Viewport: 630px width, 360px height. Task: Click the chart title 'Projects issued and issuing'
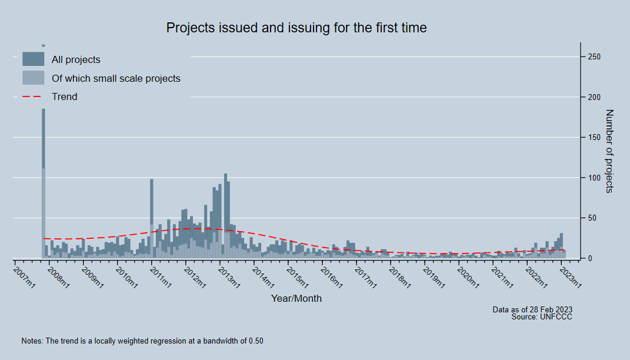[x=296, y=28]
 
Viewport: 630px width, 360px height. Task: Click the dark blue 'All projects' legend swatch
[x=33, y=59]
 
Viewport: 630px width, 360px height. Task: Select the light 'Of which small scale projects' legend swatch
[x=33, y=78]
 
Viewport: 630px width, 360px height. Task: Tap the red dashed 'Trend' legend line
[x=33, y=96]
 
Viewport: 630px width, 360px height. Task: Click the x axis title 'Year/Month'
[x=296, y=298]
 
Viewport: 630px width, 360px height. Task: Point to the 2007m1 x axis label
[x=25, y=277]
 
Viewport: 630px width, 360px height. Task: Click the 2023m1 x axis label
[x=571, y=277]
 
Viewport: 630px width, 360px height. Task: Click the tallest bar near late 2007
[x=44, y=176]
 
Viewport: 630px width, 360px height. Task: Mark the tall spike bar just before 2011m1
[x=152, y=218]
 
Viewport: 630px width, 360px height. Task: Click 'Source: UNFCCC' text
[x=542, y=317]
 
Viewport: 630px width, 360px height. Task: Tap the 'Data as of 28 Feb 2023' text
[x=532, y=309]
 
